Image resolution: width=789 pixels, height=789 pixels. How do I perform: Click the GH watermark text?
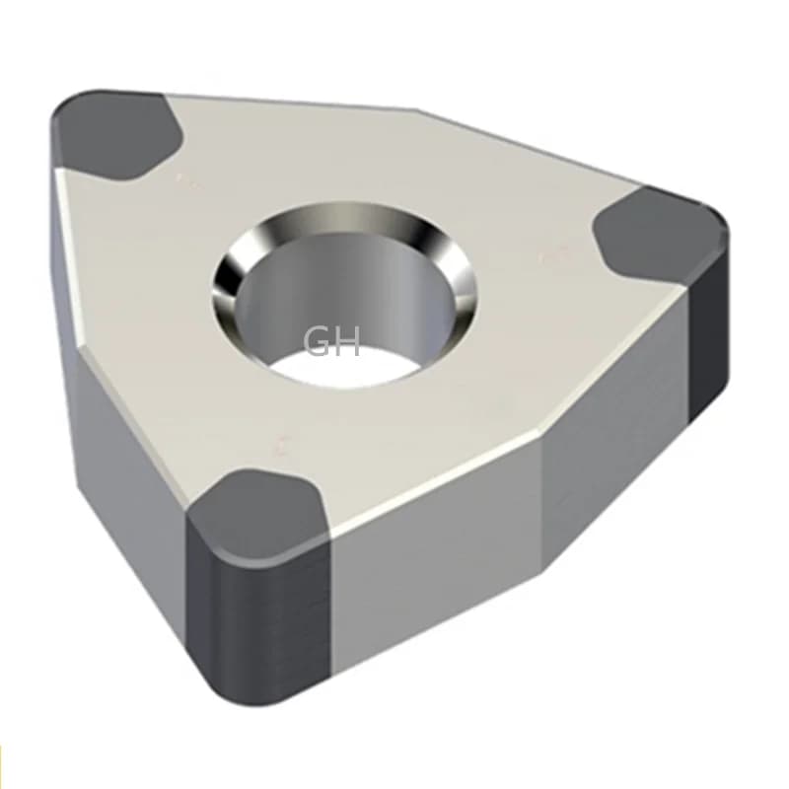coord(332,341)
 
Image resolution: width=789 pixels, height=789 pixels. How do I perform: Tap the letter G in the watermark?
coord(319,341)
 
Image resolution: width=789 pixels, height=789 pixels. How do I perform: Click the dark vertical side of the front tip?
coord(266,631)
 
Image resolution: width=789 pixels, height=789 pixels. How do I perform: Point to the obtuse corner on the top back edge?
coord(419,110)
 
